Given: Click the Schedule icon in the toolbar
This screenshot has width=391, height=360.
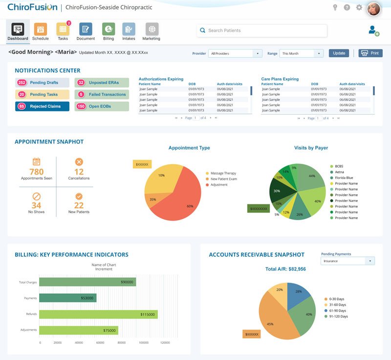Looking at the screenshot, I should [40, 29].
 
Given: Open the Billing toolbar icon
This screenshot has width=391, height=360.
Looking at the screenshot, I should [109, 29].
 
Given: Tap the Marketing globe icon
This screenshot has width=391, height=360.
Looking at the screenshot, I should [152, 29].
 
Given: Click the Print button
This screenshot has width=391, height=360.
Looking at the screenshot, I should [370, 53].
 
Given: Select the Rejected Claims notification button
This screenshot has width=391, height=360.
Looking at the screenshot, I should [43, 106].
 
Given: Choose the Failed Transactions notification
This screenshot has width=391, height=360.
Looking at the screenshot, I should [102, 94].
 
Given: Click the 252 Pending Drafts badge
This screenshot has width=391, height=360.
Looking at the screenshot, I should [22, 83].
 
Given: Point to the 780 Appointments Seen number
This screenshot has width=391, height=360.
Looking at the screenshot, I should [36, 172].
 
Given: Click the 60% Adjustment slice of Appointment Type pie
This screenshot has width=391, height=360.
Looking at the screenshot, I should [181, 201].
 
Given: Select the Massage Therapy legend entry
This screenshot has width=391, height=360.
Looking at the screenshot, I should [223, 173].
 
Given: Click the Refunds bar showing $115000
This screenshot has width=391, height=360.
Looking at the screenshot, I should [98, 314].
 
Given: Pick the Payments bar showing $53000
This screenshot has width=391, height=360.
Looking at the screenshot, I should [67, 298].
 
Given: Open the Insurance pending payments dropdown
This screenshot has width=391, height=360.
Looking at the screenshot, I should [347, 261].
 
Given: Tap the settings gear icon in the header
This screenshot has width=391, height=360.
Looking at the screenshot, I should [359, 7].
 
